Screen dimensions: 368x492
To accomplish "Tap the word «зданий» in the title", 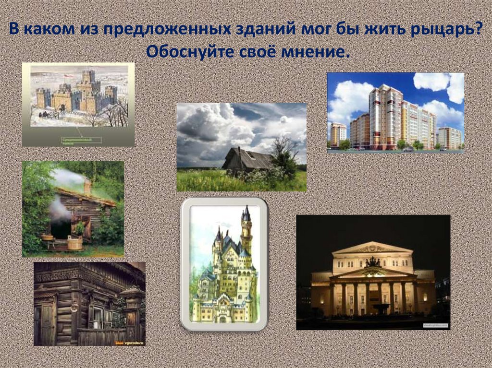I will [264, 30].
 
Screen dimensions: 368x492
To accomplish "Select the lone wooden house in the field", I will [247, 160].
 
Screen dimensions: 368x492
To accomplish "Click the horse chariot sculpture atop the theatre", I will [372, 262].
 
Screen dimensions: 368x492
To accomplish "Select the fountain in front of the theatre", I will [381, 308].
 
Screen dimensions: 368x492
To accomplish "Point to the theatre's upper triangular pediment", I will [372, 248].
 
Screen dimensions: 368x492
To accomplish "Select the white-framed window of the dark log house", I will [98, 317].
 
